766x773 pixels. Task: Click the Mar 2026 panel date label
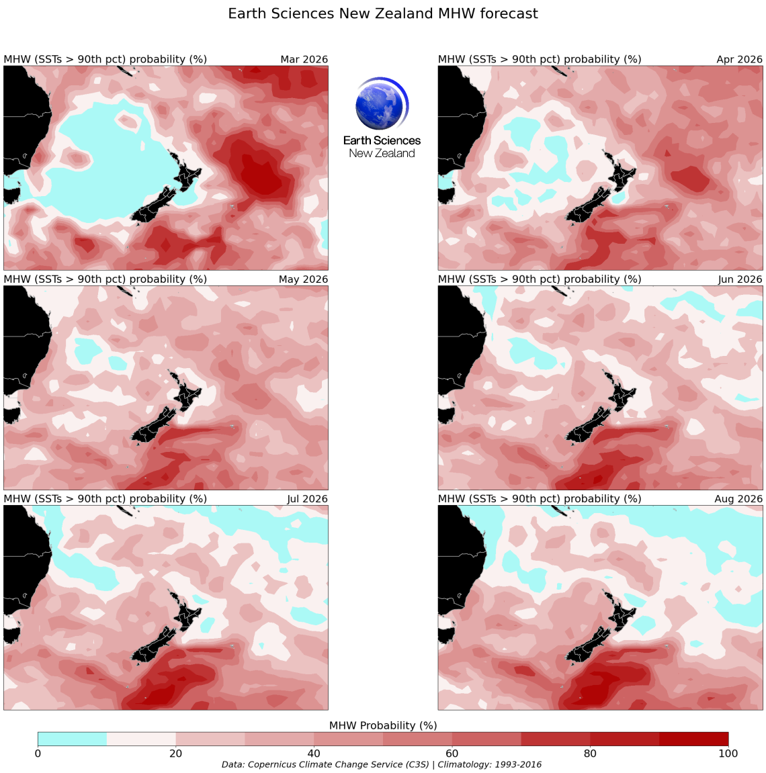[x=304, y=60]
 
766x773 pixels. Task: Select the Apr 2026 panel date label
[x=739, y=60]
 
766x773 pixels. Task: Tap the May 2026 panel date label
[x=303, y=279]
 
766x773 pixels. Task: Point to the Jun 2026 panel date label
[x=740, y=279]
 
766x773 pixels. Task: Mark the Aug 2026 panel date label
[x=738, y=499]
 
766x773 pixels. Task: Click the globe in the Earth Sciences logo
[x=381, y=105]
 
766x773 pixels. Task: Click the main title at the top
[x=382, y=14]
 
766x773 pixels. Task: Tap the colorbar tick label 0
[x=38, y=754]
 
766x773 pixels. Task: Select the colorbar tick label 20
[x=175, y=754]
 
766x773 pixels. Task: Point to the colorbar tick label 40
[x=314, y=754]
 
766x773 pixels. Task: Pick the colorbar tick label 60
[x=452, y=754]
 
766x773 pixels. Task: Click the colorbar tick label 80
[x=590, y=754]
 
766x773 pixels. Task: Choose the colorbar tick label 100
[x=728, y=754]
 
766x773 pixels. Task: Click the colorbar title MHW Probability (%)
[x=382, y=726]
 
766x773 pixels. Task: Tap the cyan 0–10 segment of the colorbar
[x=72, y=739]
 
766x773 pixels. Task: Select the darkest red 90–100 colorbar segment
[x=693, y=739]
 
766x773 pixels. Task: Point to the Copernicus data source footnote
[x=381, y=765]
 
